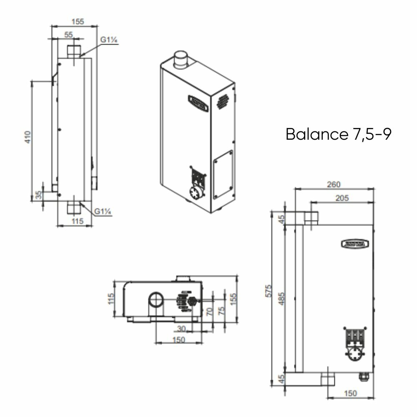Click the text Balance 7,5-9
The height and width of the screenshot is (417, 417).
(x=339, y=134)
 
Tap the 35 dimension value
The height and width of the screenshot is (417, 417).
(x=39, y=195)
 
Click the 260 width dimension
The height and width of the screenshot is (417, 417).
(x=334, y=184)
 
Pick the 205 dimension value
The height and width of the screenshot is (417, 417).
(x=342, y=198)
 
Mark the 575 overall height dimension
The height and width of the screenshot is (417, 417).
(x=269, y=291)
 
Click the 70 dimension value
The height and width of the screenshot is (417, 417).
(x=210, y=311)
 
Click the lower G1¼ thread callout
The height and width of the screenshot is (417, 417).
(x=102, y=211)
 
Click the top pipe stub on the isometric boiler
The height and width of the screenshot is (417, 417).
(x=181, y=60)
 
